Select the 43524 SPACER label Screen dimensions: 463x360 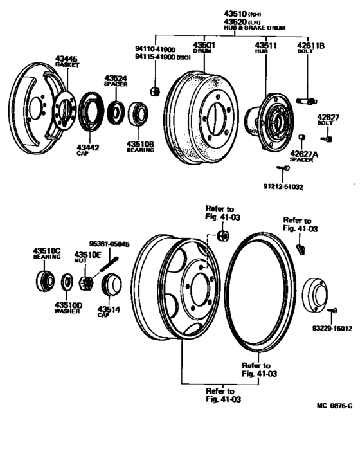116,80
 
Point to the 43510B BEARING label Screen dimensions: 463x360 139,146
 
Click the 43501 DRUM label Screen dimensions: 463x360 204,48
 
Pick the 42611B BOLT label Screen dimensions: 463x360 310,48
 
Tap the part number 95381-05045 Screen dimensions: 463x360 109,244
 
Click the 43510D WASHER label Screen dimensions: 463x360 67,307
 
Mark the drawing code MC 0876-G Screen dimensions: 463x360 334,406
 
